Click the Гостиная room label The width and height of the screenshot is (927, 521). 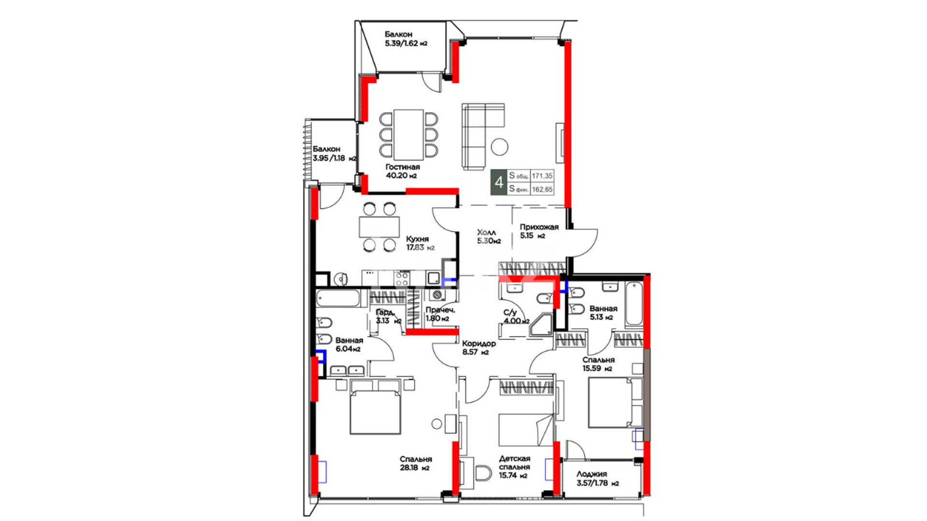[402, 167]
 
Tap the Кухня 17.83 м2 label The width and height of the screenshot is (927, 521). [420, 243]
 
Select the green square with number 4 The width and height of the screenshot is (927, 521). [499, 182]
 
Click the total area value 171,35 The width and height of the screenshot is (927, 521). [542, 176]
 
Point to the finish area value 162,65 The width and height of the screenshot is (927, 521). [542, 190]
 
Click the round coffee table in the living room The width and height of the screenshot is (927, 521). [500, 147]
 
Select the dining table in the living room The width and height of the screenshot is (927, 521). [408, 135]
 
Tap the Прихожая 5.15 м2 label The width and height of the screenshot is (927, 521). [539, 231]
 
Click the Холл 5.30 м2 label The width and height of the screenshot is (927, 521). [489, 236]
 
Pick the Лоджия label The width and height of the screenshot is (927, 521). [591, 474]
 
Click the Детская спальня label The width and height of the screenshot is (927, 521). [515, 463]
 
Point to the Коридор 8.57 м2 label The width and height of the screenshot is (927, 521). [478, 348]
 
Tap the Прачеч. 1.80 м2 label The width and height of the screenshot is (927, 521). [440, 314]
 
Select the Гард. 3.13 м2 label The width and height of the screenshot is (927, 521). [388, 316]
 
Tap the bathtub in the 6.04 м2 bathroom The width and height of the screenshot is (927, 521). [338, 299]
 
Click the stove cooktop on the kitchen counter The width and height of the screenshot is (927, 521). [402, 278]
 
